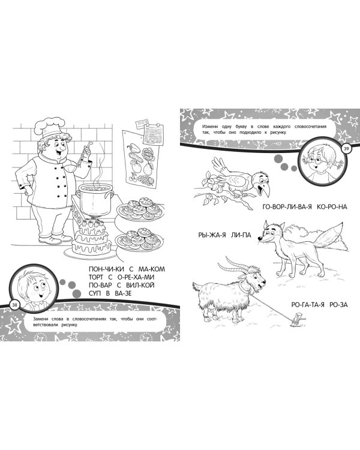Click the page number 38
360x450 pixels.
(14, 305)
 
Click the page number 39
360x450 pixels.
(346, 149)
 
